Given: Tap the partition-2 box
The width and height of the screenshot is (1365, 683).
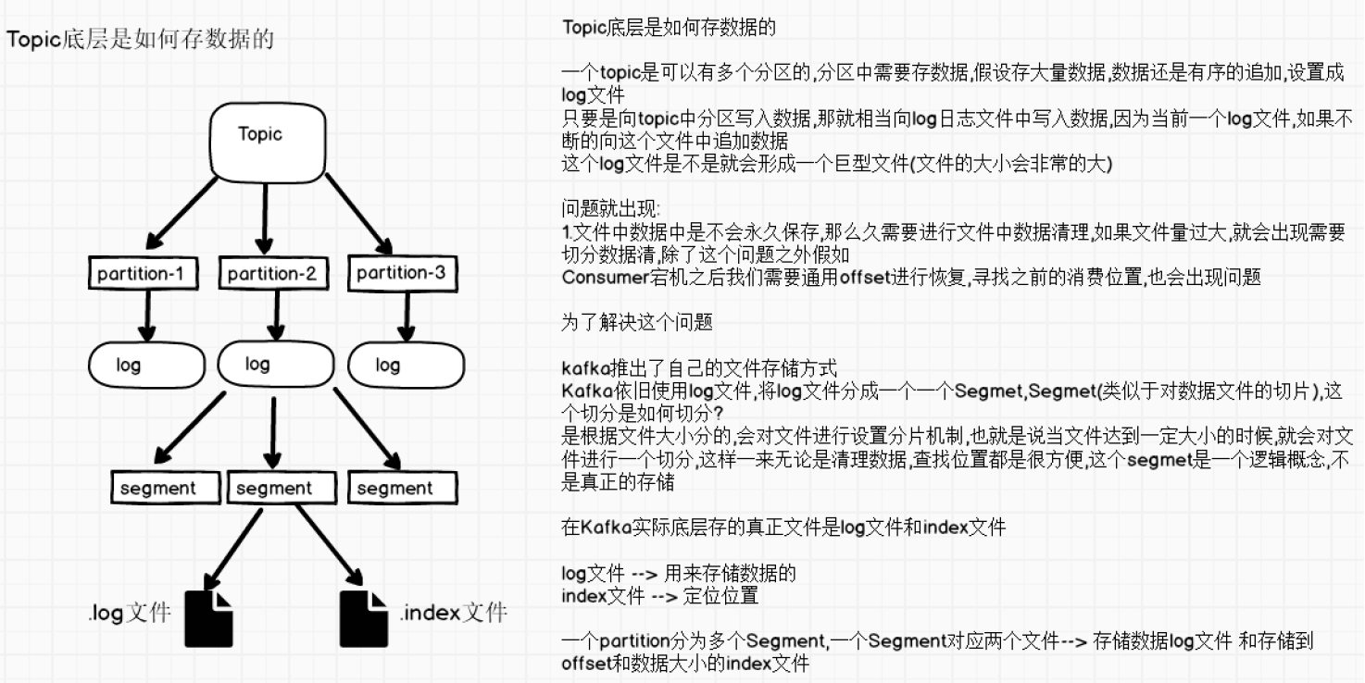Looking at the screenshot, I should pos(272,274).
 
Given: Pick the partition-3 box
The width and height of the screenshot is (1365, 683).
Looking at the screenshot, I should pos(400,273).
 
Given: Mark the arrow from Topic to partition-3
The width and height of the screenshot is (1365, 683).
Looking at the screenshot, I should pos(359,214).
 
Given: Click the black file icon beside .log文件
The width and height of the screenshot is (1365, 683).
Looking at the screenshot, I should pos(209,617).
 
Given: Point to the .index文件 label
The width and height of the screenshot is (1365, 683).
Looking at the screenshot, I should pos(454,613).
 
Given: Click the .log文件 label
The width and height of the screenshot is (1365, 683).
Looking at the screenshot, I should pos(130,613).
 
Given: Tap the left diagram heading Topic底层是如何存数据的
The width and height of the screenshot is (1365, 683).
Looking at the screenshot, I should pos(141,40).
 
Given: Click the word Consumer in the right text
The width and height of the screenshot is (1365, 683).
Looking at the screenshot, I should pos(600,277).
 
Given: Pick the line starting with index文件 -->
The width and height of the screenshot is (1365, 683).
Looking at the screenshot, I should pos(659,596).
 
